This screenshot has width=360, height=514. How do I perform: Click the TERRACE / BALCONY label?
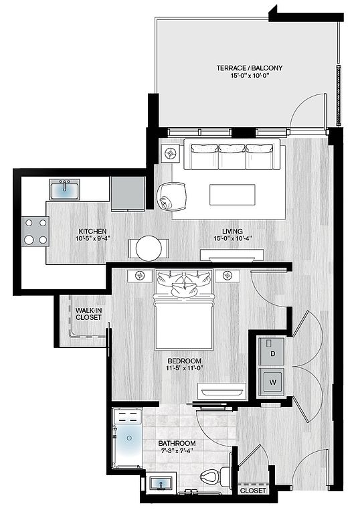tap(249, 68)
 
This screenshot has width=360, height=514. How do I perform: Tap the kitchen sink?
tap(65, 189)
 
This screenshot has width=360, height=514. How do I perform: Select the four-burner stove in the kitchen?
tap(35, 232)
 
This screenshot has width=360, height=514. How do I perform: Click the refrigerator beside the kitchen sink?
tap(128, 193)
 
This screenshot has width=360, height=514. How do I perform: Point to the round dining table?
tap(149, 248)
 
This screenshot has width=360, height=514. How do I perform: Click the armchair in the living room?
tap(172, 197)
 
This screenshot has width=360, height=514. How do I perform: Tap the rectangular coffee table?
tap(232, 194)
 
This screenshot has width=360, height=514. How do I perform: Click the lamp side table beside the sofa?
tap(171, 153)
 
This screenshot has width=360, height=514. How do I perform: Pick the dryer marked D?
tap(272, 351)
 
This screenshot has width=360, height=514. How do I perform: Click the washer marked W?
tap(272, 382)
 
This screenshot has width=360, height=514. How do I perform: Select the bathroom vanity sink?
tap(161, 483)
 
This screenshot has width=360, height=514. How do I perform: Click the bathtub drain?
tap(130, 438)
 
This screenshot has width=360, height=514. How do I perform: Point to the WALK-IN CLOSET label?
tap(88, 314)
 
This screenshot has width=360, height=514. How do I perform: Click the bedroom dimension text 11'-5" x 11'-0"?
tap(185, 368)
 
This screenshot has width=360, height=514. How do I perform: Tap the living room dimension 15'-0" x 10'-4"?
tap(232, 238)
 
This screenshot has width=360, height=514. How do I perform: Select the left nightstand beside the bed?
tap(140, 276)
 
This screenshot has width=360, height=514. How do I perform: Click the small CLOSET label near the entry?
tap(253, 491)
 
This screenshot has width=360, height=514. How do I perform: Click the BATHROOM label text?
tap(177, 443)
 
